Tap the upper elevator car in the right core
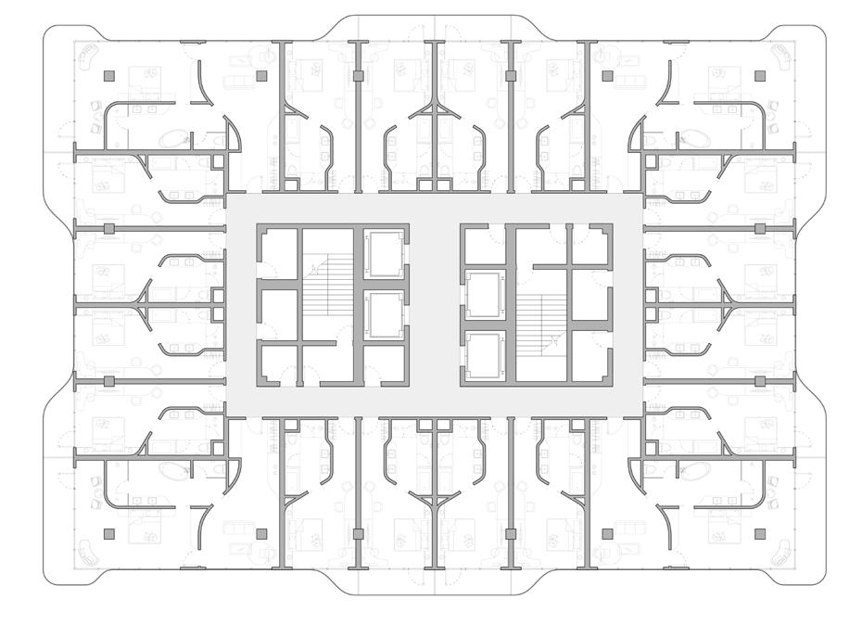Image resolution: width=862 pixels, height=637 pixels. coord(483,295)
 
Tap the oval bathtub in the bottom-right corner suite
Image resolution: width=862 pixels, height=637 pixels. coord(690,470)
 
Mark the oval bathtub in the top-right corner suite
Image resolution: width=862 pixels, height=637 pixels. coord(690,140)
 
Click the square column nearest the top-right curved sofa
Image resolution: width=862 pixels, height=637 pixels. coord(760,76)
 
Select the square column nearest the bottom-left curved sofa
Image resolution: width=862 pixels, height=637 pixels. coord(108,534)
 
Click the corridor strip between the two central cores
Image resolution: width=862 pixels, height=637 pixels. coord(435,305)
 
